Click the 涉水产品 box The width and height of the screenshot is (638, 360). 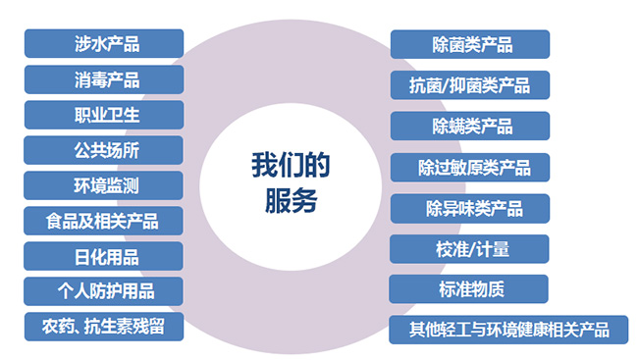pyautogui.click(x=104, y=43)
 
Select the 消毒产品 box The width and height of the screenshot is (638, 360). pyautogui.click(x=104, y=79)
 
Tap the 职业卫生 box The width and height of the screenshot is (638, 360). pyautogui.click(x=104, y=115)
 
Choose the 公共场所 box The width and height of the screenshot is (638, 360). pyautogui.click(x=103, y=150)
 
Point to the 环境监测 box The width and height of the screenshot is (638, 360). pyautogui.click(x=103, y=185)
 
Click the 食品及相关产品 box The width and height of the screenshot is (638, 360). pyautogui.click(x=103, y=221)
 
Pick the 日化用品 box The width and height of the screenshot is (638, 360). pyautogui.click(x=103, y=256)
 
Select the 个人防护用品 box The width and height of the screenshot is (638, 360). pyautogui.click(x=103, y=291)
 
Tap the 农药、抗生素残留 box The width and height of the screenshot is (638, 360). pyautogui.click(x=104, y=327)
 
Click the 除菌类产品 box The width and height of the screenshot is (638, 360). pyautogui.click(x=470, y=44)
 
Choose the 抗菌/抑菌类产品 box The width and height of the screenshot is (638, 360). pyautogui.click(x=470, y=85)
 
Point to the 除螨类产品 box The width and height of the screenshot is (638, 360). pyautogui.click(x=470, y=127)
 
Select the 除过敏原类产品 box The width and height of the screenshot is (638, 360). pyautogui.click(x=470, y=167)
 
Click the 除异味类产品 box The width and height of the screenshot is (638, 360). pyautogui.click(x=470, y=209)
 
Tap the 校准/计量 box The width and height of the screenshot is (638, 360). pyautogui.click(x=469, y=249)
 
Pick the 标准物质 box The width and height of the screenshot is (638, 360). pyautogui.click(x=469, y=289)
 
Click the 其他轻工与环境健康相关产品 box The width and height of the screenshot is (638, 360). pyautogui.click(x=508, y=330)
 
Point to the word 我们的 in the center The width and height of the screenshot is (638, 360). pyautogui.click(x=291, y=165)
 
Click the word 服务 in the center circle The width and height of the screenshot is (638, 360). pyautogui.click(x=291, y=200)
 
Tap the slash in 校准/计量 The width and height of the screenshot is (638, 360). pyautogui.click(x=472, y=249)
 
